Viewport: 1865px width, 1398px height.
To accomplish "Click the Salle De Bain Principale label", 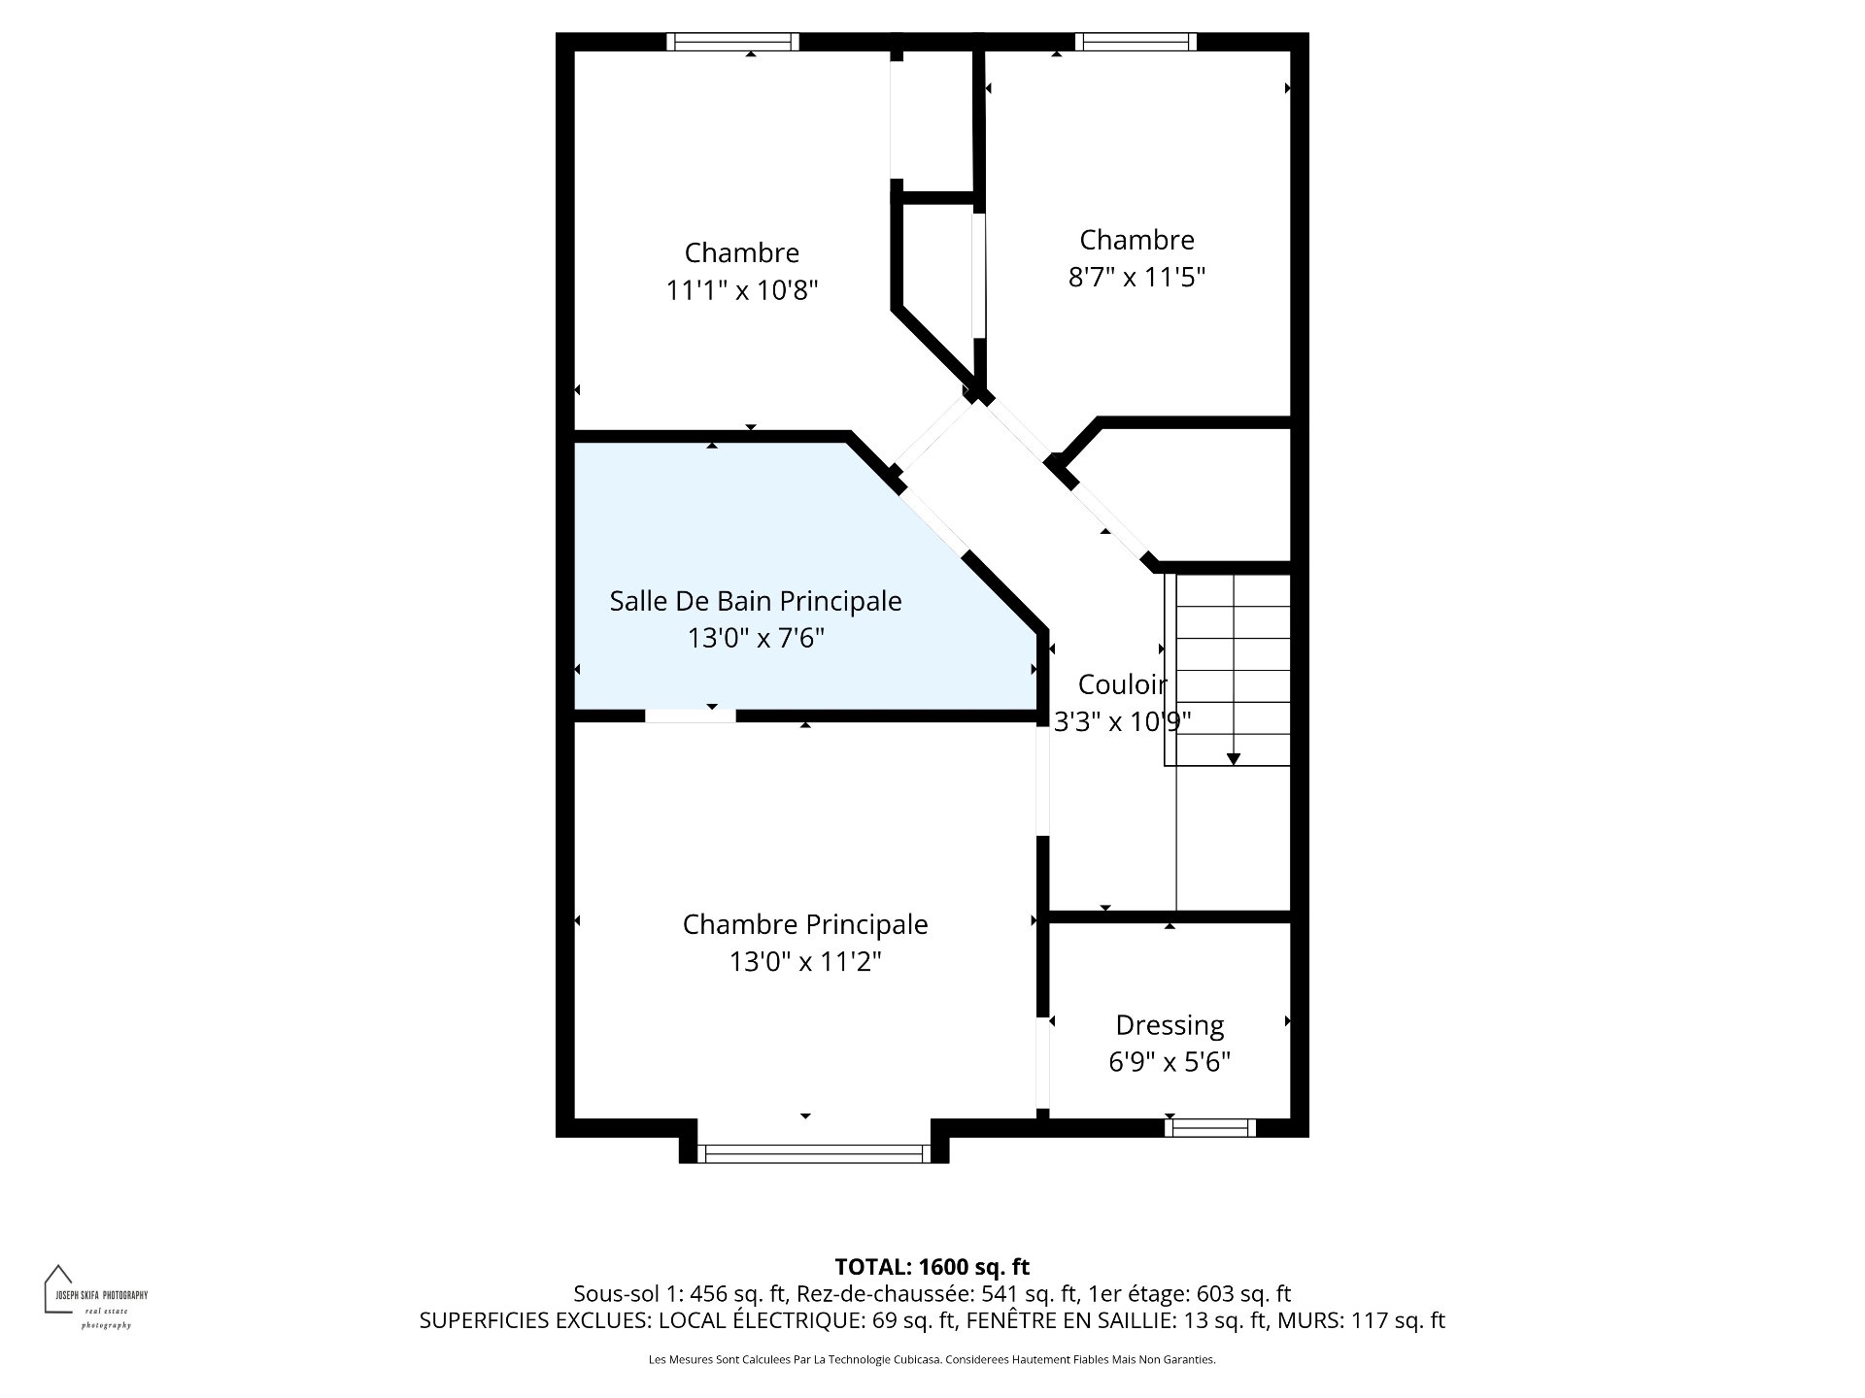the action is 756,601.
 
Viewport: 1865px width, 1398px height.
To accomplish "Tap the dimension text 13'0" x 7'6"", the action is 756,639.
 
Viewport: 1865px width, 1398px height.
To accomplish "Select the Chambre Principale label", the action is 805,924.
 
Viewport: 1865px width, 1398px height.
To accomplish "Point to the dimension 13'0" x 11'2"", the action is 805,962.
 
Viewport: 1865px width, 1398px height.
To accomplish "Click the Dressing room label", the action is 1170,1026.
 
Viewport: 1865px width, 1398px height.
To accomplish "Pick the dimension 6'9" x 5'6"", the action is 1170,1062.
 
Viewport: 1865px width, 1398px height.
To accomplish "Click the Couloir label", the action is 1123,684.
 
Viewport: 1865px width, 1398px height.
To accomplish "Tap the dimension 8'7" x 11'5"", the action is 1136,278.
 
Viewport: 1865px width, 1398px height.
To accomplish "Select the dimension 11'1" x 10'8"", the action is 742,290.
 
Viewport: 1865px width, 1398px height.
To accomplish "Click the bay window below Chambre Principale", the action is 814,1153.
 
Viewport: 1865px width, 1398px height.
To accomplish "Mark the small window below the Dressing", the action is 1210,1127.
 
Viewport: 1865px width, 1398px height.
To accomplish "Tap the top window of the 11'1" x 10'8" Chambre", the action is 732,42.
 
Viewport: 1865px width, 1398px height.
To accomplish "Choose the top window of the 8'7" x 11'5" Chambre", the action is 1136,42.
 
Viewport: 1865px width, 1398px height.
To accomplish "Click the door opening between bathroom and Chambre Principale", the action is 691,716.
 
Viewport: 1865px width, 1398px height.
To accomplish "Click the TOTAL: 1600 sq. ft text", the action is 932,1267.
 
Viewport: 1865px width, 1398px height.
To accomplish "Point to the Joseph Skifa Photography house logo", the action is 59,1288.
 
